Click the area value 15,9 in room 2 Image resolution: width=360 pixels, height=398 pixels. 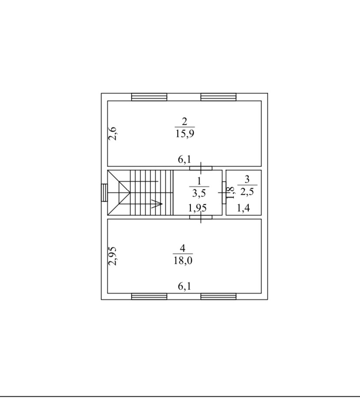(185, 133)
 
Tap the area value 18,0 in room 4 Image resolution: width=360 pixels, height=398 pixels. (183, 260)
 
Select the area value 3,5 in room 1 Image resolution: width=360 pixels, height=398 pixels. (199, 193)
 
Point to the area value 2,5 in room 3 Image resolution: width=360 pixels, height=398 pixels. (247, 192)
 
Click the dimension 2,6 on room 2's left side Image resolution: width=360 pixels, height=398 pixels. (112, 133)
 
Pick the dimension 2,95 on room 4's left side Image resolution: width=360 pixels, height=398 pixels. (112, 256)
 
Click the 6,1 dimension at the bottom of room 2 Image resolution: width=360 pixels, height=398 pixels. (184, 159)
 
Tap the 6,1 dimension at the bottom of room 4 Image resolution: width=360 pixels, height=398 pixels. (184, 287)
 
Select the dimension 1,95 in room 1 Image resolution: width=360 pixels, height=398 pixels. (197, 208)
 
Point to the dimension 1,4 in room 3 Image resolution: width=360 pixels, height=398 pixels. (243, 208)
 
